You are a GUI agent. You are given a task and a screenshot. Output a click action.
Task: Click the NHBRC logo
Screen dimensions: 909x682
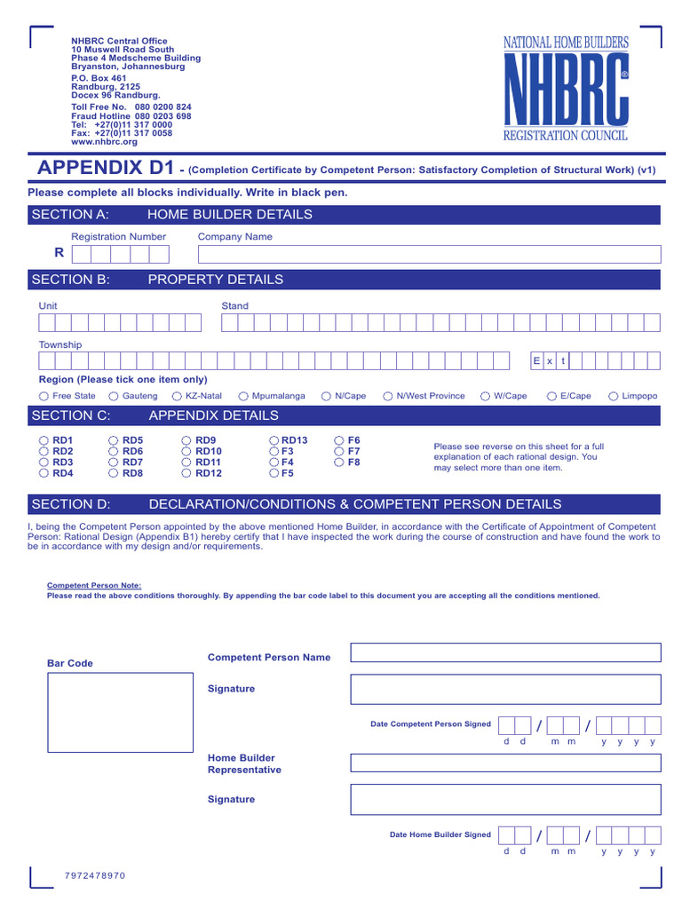(567, 89)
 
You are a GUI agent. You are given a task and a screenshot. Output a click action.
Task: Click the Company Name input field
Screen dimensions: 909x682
(429, 255)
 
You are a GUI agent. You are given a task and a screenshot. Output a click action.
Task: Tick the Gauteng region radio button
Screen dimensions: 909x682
(114, 396)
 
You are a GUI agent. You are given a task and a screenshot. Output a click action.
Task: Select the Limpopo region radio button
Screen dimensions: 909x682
(615, 396)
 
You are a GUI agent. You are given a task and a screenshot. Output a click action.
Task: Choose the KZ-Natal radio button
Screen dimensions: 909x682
(178, 396)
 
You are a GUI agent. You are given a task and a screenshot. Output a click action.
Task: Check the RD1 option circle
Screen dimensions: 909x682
(44, 440)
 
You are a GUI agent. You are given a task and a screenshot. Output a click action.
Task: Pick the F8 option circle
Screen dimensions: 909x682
(339, 462)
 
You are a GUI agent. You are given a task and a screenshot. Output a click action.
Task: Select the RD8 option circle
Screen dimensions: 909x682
(114, 473)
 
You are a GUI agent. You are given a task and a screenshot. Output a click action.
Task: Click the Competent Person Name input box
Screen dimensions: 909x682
(505, 652)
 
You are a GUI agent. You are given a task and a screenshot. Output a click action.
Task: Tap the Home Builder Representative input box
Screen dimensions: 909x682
(505, 763)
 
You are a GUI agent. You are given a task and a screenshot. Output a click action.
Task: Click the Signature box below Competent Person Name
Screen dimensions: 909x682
(505, 689)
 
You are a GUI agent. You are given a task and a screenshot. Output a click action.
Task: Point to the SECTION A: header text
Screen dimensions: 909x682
(70, 214)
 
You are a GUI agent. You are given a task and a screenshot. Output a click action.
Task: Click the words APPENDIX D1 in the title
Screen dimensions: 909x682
(102, 168)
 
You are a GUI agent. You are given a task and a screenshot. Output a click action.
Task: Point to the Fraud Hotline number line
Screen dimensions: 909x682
(131, 115)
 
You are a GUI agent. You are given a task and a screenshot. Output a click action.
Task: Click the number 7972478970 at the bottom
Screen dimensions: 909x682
(95, 876)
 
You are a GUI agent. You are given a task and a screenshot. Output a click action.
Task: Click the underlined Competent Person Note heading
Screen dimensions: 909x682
(93, 586)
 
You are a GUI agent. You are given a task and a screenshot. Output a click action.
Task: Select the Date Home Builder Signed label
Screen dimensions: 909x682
(440, 834)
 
